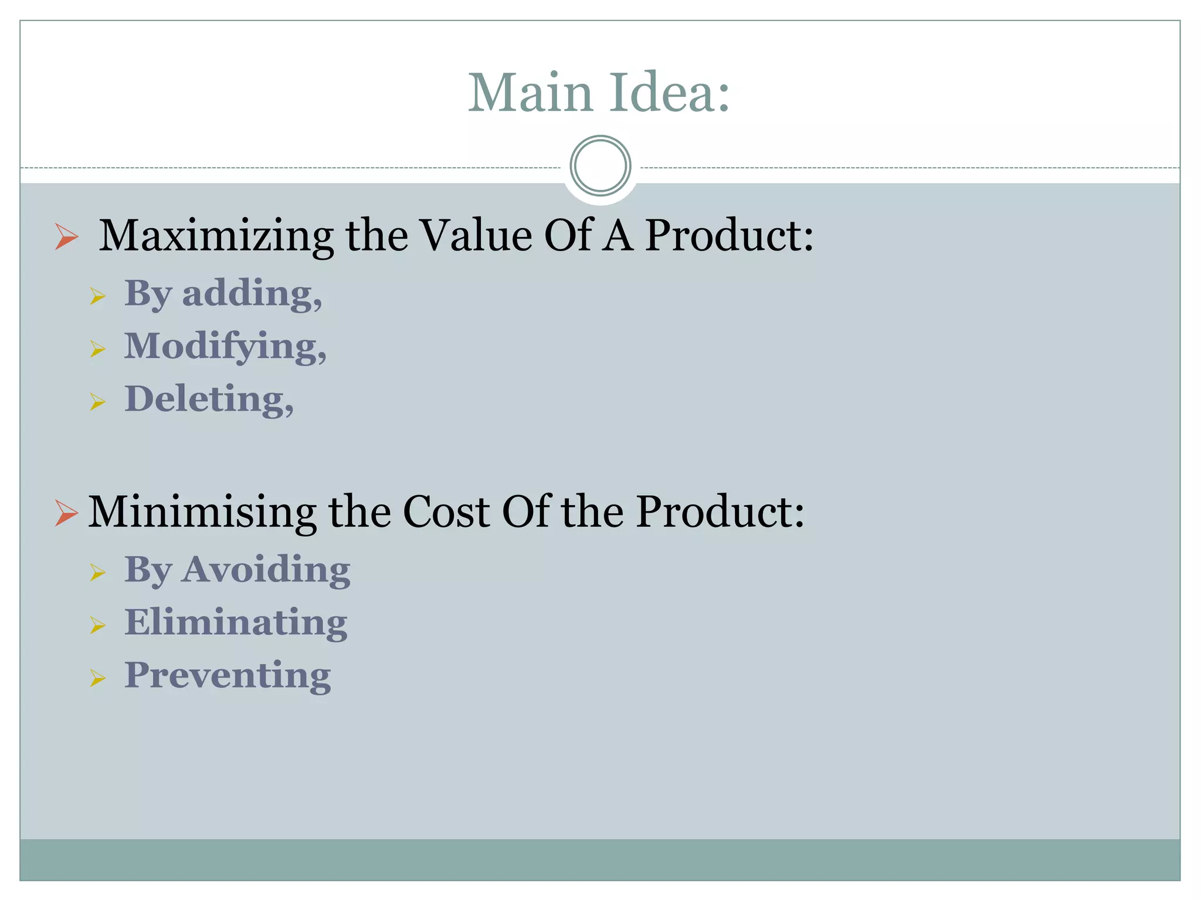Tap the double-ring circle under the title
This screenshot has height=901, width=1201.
tap(600, 166)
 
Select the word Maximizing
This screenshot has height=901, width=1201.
tap(215, 236)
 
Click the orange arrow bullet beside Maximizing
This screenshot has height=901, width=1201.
tap(66, 237)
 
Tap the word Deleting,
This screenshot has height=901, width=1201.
tap(209, 399)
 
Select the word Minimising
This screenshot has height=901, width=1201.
tap(202, 512)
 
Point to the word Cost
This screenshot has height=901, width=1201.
tap(446, 512)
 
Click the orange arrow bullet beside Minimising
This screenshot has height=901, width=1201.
tap(66, 513)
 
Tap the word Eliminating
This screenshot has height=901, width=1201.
tap(236, 622)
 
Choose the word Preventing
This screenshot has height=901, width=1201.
tap(228, 675)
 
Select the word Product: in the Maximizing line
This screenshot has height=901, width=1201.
tap(729, 236)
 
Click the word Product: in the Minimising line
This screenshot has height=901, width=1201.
tap(720, 512)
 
